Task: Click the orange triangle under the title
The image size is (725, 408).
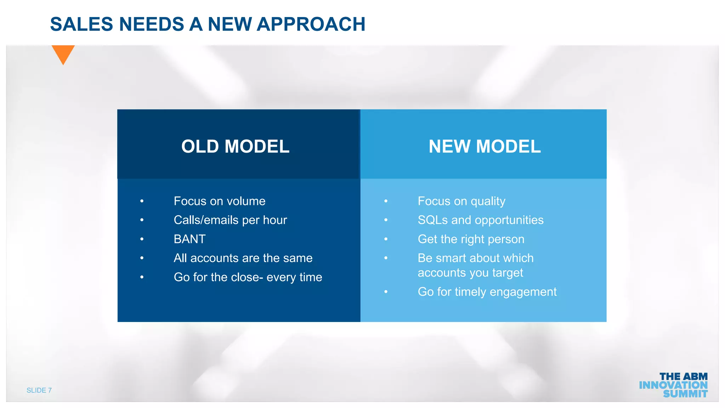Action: pyautogui.click(x=63, y=53)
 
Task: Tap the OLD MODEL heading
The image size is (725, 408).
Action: pyautogui.click(x=235, y=146)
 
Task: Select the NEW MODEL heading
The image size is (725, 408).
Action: pyautogui.click(x=485, y=146)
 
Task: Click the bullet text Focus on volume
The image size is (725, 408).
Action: pyautogui.click(x=219, y=201)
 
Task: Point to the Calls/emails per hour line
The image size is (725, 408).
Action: pyautogui.click(x=230, y=220)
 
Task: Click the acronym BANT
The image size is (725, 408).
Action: pyautogui.click(x=189, y=239)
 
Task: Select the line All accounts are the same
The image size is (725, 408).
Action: pyautogui.click(x=243, y=258)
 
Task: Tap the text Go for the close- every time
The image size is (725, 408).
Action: pyautogui.click(x=248, y=277)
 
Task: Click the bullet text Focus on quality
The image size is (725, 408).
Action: pyautogui.click(x=461, y=201)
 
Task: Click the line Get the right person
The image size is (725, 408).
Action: pyautogui.click(x=471, y=239)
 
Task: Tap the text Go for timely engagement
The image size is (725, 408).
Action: pyautogui.click(x=487, y=292)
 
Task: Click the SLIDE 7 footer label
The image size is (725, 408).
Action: pyautogui.click(x=39, y=390)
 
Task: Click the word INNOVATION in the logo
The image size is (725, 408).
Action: pyautogui.click(x=673, y=385)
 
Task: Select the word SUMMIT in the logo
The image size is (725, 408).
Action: pyautogui.click(x=685, y=394)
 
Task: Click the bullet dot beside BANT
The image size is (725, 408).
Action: pyautogui.click(x=142, y=239)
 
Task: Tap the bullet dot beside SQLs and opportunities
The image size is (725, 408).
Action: pyautogui.click(x=386, y=220)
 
